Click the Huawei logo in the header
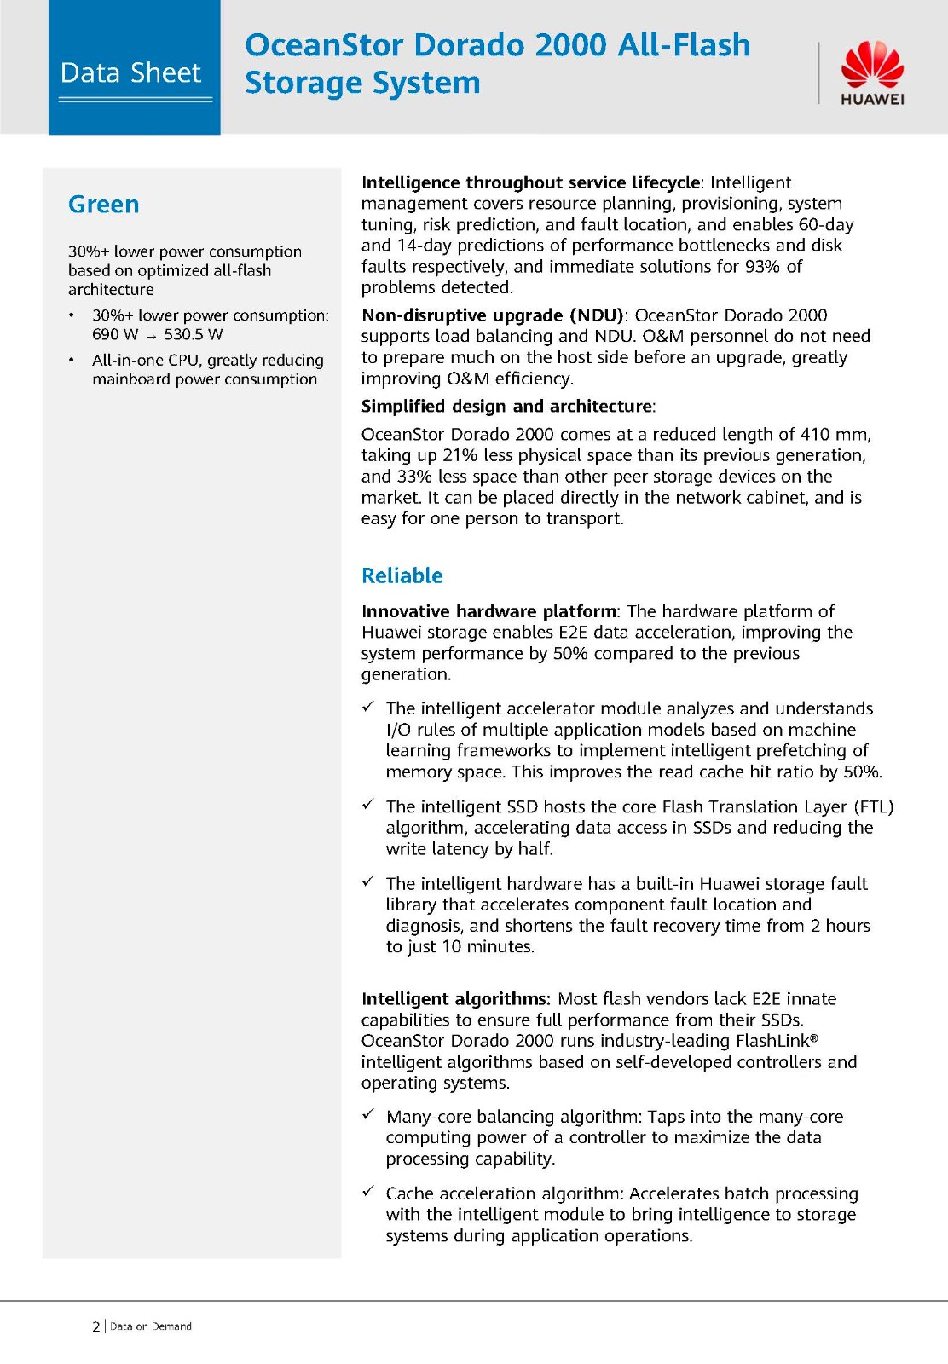click(872, 73)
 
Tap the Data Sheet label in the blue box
click(130, 73)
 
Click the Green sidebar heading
click(103, 205)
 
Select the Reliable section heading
click(402, 575)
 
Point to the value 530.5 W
click(194, 334)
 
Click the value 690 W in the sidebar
click(115, 334)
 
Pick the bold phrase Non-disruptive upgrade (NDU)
click(493, 315)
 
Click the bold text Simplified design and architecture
click(506, 407)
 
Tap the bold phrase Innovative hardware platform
click(488, 611)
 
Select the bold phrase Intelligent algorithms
click(455, 999)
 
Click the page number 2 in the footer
click(95, 1326)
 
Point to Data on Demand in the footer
click(151, 1326)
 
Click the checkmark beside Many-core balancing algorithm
click(368, 1114)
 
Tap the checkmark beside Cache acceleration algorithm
click(368, 1191)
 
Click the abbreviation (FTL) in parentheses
click(872, 806)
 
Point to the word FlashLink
click(772, 1041)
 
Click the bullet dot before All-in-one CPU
click(72, 361)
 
